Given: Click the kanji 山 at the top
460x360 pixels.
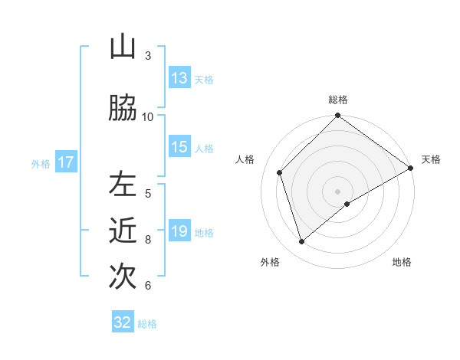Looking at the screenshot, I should (123, 47).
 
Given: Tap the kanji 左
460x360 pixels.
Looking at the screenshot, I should (123, 184).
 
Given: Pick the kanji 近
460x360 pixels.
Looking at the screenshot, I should (123, 230).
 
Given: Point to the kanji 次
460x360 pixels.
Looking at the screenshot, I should (123, 276).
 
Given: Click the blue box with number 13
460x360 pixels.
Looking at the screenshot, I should (179, 78).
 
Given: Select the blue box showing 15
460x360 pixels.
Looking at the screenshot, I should (179, 147).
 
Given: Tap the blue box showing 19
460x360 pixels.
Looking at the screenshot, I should (179, 231).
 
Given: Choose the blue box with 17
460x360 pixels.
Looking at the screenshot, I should (65, 162).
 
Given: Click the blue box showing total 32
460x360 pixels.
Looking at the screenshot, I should (123, 322).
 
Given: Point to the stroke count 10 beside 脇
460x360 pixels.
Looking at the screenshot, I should (148, 116).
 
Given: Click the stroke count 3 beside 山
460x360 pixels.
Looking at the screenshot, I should (148, 55).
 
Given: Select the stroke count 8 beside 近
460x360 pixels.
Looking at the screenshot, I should (148, 239).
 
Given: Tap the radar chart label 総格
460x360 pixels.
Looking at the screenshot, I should (338, 100).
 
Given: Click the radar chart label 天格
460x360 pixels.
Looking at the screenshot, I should (431, 159).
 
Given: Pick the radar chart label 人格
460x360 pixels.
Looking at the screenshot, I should (245, 159).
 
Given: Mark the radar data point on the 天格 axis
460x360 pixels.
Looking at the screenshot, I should (411, 168).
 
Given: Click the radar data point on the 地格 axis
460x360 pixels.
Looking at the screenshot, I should (347, 204).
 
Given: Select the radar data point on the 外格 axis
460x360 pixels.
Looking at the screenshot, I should (302, 241).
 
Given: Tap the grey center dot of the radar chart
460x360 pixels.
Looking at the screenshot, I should (338, 191).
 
